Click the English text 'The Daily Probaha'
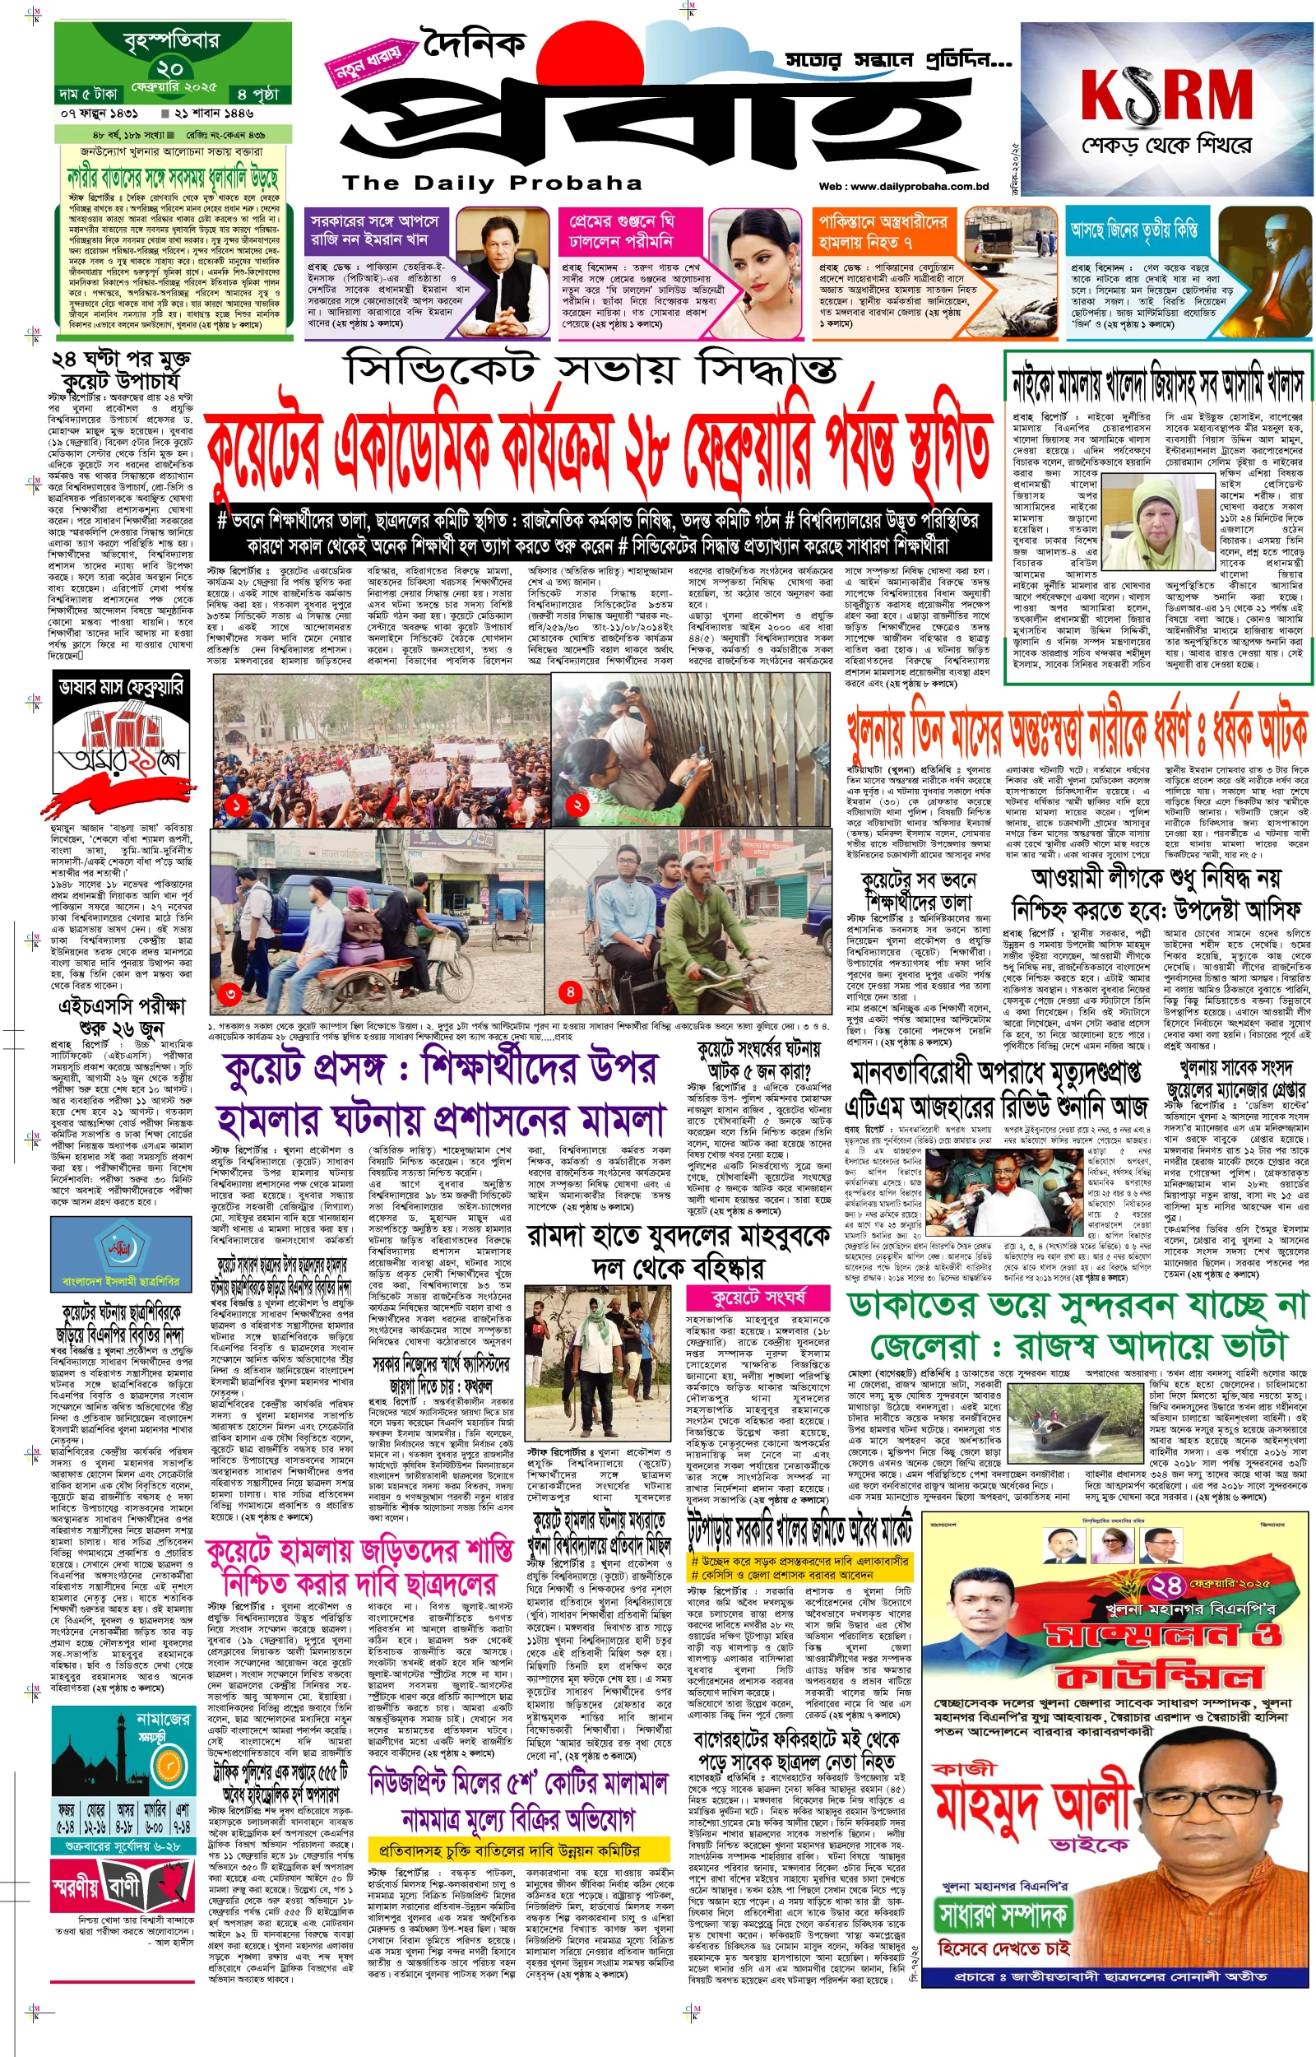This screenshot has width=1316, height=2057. coord(492,183)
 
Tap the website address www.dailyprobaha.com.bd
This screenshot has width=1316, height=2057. coord(903,186)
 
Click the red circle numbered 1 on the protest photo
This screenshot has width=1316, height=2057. coord(237,804)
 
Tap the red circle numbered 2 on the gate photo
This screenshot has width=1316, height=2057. coord(577,804)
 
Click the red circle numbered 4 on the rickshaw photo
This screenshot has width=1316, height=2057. coord(570,991)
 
